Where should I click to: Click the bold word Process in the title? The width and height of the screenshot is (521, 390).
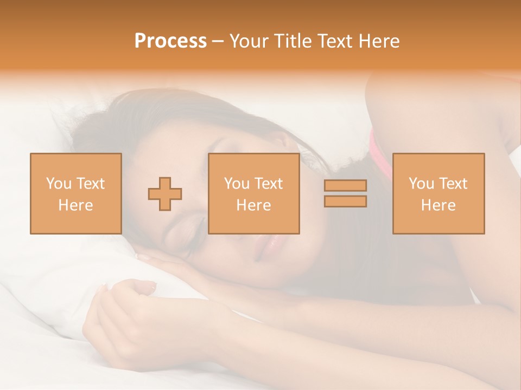point(170,41)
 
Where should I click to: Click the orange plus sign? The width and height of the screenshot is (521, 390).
point(165,194)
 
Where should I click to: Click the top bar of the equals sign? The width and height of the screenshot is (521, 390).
point(345,185)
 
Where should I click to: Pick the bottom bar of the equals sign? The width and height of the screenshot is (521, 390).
point(345,201)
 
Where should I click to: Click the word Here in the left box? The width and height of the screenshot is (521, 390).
point(75,205)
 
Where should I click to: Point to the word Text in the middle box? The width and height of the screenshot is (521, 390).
point(268,184)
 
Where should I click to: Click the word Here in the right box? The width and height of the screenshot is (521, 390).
point(438,205)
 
